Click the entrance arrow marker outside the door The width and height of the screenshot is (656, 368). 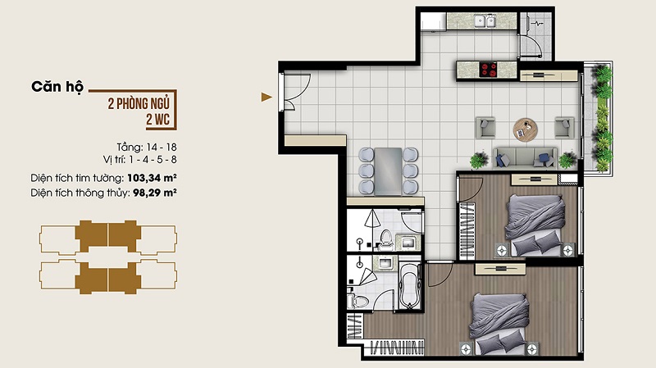click(266, 97)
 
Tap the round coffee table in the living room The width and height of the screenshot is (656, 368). click(525, 129)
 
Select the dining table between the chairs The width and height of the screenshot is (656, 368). click(388, 171)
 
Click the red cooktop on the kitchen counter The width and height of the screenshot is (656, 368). click(488, 70)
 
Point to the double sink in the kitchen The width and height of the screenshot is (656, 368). click(485, 21)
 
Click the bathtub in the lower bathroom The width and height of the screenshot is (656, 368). click(409, 286)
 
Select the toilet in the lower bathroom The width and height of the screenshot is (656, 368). click(358, 300)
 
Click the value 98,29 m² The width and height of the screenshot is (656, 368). click(155, 193)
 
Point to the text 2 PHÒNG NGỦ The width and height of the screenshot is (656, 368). click(139, 104)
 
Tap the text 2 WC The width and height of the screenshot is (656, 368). click(157, 120)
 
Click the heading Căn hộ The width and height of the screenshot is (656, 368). click(57, 87)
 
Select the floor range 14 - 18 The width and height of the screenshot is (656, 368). click(162, 148)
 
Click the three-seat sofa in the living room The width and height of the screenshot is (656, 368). click(525, 158)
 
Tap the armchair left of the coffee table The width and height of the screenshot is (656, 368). click(485, 128)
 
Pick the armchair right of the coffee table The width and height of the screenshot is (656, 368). click(564, 128)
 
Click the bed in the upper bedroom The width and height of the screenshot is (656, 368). click(535, 226)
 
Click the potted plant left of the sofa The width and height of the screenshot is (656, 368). click(479, 160)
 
